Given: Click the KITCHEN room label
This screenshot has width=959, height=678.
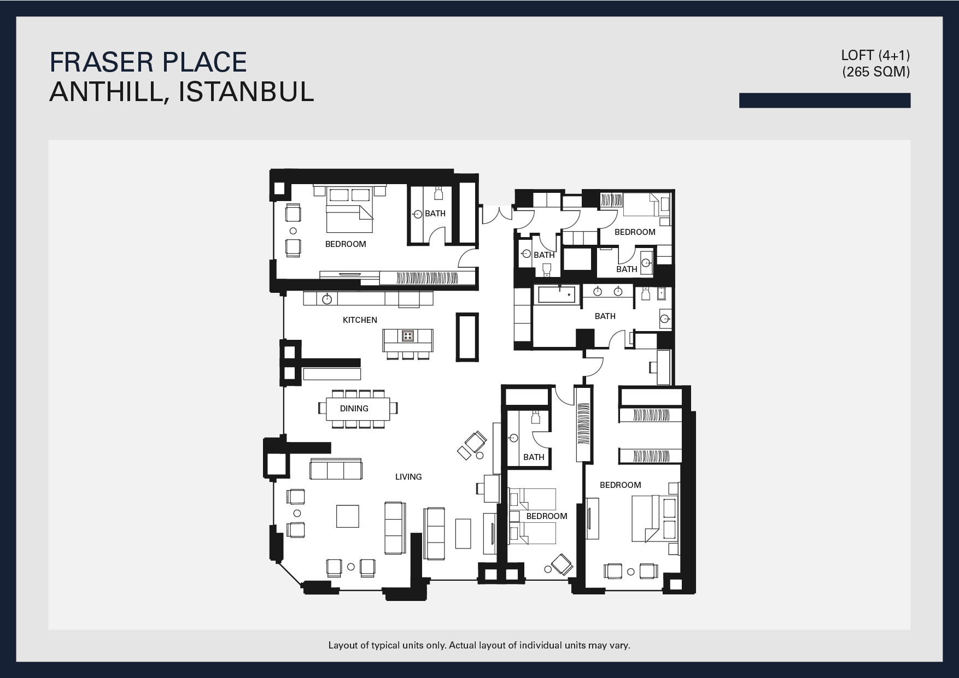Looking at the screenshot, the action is [360, 320].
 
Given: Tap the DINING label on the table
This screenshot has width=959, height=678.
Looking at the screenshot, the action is [354, 409].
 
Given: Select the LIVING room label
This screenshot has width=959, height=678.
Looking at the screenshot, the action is [408, 477].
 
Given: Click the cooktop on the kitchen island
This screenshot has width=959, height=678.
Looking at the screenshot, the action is [407, 335].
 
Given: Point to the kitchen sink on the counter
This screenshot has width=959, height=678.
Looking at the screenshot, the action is [328, 298].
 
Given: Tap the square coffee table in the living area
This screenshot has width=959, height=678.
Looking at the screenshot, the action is [348, 516].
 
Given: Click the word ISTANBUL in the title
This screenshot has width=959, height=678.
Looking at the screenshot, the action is [247, 91].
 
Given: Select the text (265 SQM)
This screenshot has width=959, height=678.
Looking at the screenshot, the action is [876, 72].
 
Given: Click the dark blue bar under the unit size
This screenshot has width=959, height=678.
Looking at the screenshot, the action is [824, 101].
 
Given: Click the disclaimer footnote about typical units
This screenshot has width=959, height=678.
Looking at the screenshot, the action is [479, 645].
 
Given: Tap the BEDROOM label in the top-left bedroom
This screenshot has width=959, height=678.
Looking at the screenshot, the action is [346, 244].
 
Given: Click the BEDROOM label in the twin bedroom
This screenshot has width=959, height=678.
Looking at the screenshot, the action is [547, 516].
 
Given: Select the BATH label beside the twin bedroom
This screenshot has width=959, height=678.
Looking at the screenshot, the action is [534, 457].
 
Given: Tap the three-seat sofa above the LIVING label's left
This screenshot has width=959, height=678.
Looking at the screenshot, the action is [336, 469].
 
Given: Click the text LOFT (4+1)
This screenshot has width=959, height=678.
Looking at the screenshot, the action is [875, 55].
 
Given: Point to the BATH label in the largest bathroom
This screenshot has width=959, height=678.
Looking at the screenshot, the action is [605, 316].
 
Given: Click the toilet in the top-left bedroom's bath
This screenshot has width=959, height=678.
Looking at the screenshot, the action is [438, 193].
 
